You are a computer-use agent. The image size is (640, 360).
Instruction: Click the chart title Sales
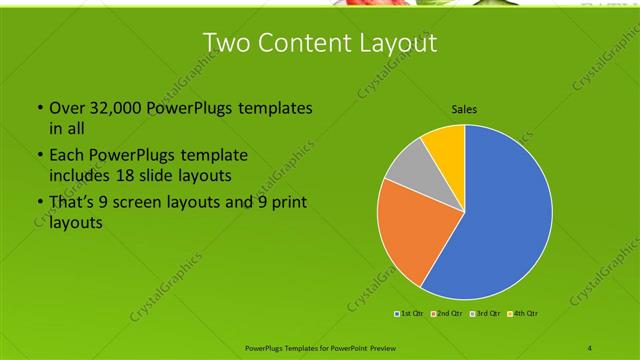(x=464, y=108)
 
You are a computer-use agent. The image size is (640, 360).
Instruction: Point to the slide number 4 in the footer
(x=590, y=348)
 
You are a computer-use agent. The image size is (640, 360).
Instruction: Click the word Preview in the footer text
(x=376, y=348)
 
